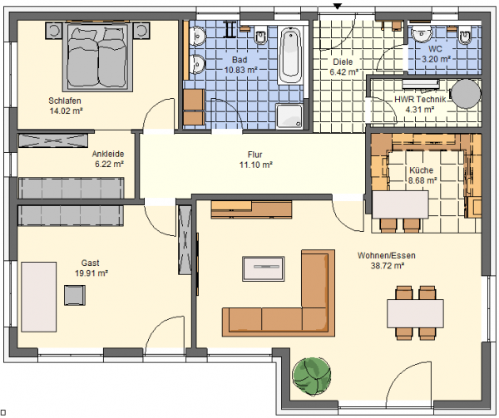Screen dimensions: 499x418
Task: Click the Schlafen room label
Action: tap(65, 101)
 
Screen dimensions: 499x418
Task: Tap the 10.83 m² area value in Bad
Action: tap(240, 70)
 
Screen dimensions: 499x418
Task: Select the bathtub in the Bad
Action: tap(289, 56)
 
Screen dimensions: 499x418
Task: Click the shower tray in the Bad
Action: tap(289, 116)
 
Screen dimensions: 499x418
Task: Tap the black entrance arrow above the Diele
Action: tap(338, 6)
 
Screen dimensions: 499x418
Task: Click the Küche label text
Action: tap(421, 170)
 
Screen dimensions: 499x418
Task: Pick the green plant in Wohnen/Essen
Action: tap(312, 376)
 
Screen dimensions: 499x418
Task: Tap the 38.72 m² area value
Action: tap(387, 266)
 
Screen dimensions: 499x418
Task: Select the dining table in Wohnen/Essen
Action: tap(415, 313)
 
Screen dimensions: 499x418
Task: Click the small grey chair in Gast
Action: tap(75, 295)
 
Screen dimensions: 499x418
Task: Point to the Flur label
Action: tap(255, 155)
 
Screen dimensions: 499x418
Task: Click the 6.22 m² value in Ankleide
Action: tap(109, 165)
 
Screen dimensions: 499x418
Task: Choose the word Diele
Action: tap(343, 61)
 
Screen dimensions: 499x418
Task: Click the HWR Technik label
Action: tap(420, 100)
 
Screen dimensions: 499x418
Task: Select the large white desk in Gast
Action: tap(38, 297)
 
